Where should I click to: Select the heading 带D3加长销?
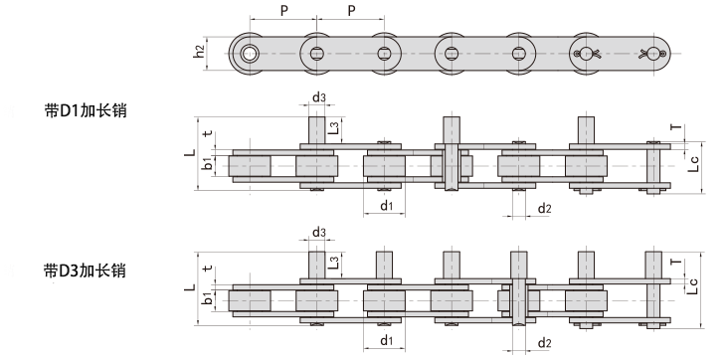point(86,270)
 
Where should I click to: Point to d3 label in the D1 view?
point(318,96)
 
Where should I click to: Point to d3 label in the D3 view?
point(318,233)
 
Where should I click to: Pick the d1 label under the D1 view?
point(386,206)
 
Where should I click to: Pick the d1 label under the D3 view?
point(386,340)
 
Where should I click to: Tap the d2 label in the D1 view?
point(544,208)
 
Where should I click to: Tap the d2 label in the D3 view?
point(544,343)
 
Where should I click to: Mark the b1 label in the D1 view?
point(208,164)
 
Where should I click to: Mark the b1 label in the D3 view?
point(208,298)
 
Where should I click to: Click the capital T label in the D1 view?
point(676,128)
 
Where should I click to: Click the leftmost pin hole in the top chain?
point(249,53)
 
